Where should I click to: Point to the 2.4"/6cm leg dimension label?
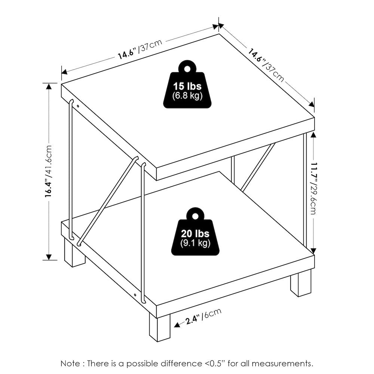203,316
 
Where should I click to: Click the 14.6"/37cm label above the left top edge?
140,49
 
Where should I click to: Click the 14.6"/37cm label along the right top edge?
266,65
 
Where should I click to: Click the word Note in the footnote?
70,364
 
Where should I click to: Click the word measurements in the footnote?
282,364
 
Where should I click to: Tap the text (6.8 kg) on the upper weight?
187,96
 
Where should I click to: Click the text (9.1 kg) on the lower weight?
195,243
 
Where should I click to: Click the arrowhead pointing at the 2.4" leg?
177,325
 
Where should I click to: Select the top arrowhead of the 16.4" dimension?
49,86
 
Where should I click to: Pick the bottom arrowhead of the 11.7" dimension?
313,251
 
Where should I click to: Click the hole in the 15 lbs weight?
187,69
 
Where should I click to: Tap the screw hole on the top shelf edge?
78,106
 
